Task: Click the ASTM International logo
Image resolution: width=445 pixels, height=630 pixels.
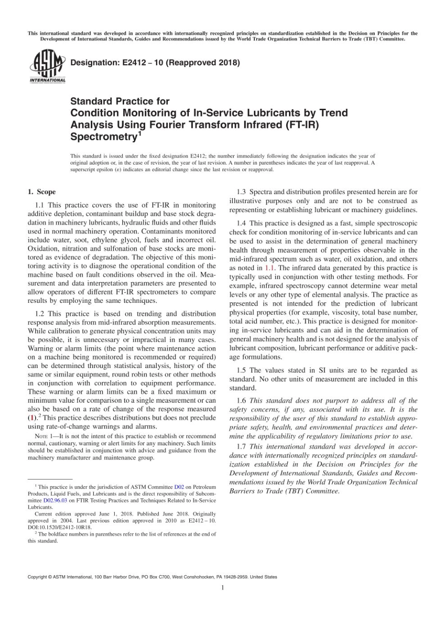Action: (x=47, y=66)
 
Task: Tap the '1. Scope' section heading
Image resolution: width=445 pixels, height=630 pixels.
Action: (x=42, y=192)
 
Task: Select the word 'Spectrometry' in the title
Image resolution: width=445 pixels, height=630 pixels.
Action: (x=103, y=137)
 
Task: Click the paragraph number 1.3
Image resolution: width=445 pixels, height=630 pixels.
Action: (x=242, y=192)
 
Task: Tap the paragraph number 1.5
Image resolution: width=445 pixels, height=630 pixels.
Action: (x=242, y=370)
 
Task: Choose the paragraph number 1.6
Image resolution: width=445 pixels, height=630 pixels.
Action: (x=242, y=401)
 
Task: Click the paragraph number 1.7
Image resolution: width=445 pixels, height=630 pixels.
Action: (x=242, y=447)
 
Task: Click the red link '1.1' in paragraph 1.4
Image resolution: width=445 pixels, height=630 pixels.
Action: (x=270, y=268)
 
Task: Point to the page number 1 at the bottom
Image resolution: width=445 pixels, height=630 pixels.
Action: (x=222, y=587)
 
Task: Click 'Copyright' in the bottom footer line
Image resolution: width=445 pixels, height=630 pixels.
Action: (x=37, y=577)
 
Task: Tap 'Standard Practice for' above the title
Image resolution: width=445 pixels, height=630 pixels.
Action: (x=120, y=101)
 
